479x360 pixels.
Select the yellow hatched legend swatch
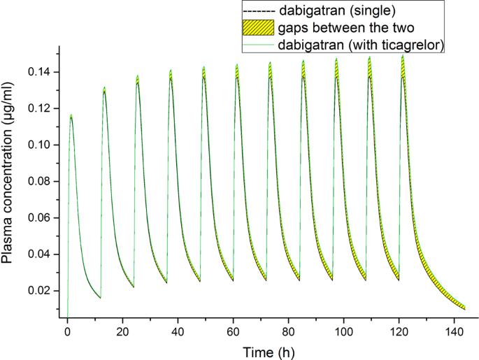click(x=257, y=29)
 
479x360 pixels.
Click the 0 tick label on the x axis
click(x=67, y=331)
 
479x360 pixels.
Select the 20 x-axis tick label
click(x=122, y=331)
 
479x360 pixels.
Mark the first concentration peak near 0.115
click(x=71, y=116)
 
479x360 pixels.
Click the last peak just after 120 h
click(x=403, y=56)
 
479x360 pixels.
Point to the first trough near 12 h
click(x=100, y=298)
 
